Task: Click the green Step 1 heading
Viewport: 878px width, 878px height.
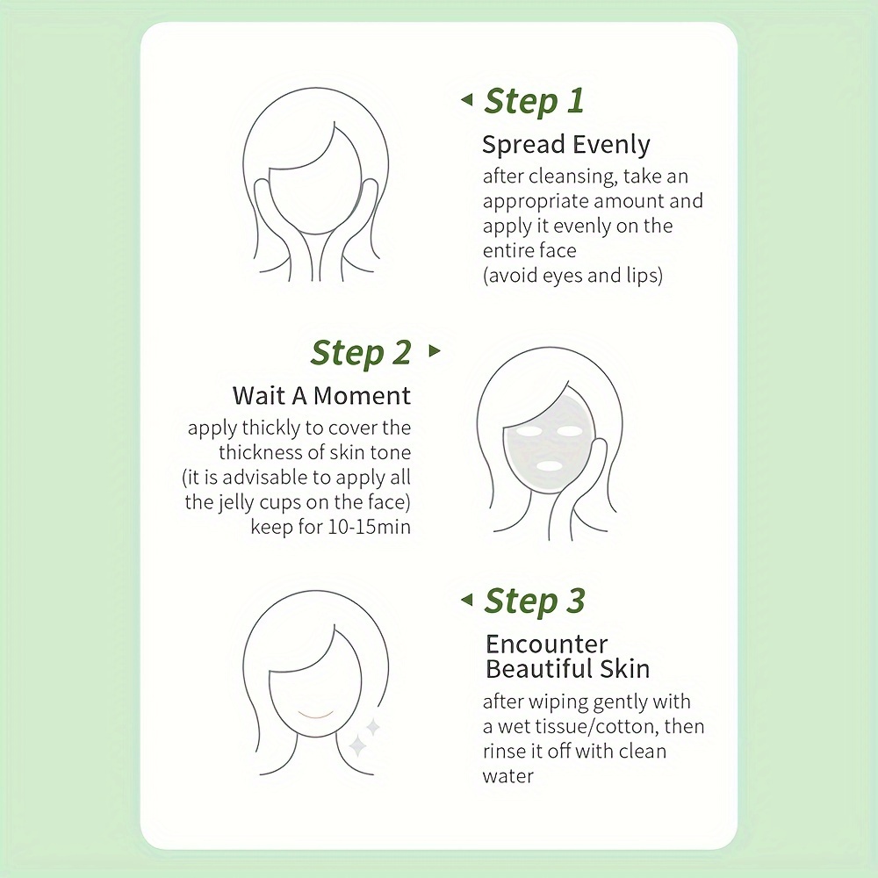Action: (534, 101)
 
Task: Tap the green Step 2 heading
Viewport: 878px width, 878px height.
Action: (361, 353)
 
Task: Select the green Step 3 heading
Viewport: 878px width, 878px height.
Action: (535, 601)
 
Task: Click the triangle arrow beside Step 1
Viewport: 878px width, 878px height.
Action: (466, 100)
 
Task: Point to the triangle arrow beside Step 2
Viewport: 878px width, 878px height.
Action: (435, 350)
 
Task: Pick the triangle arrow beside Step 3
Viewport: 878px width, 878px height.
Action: (466, 600)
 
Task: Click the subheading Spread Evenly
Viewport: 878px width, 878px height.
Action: (566, 145)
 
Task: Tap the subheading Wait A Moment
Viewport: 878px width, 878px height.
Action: (321, 395)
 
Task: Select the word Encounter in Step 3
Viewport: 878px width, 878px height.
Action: (546, 644)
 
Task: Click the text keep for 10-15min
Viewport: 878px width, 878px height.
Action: (330, 527)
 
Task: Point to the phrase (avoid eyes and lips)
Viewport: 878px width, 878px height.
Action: (572, 276)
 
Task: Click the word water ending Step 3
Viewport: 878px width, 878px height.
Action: (507, 776)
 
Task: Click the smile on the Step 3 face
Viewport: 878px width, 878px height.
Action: (315, 715)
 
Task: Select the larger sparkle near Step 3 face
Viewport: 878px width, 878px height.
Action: (357, 746)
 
